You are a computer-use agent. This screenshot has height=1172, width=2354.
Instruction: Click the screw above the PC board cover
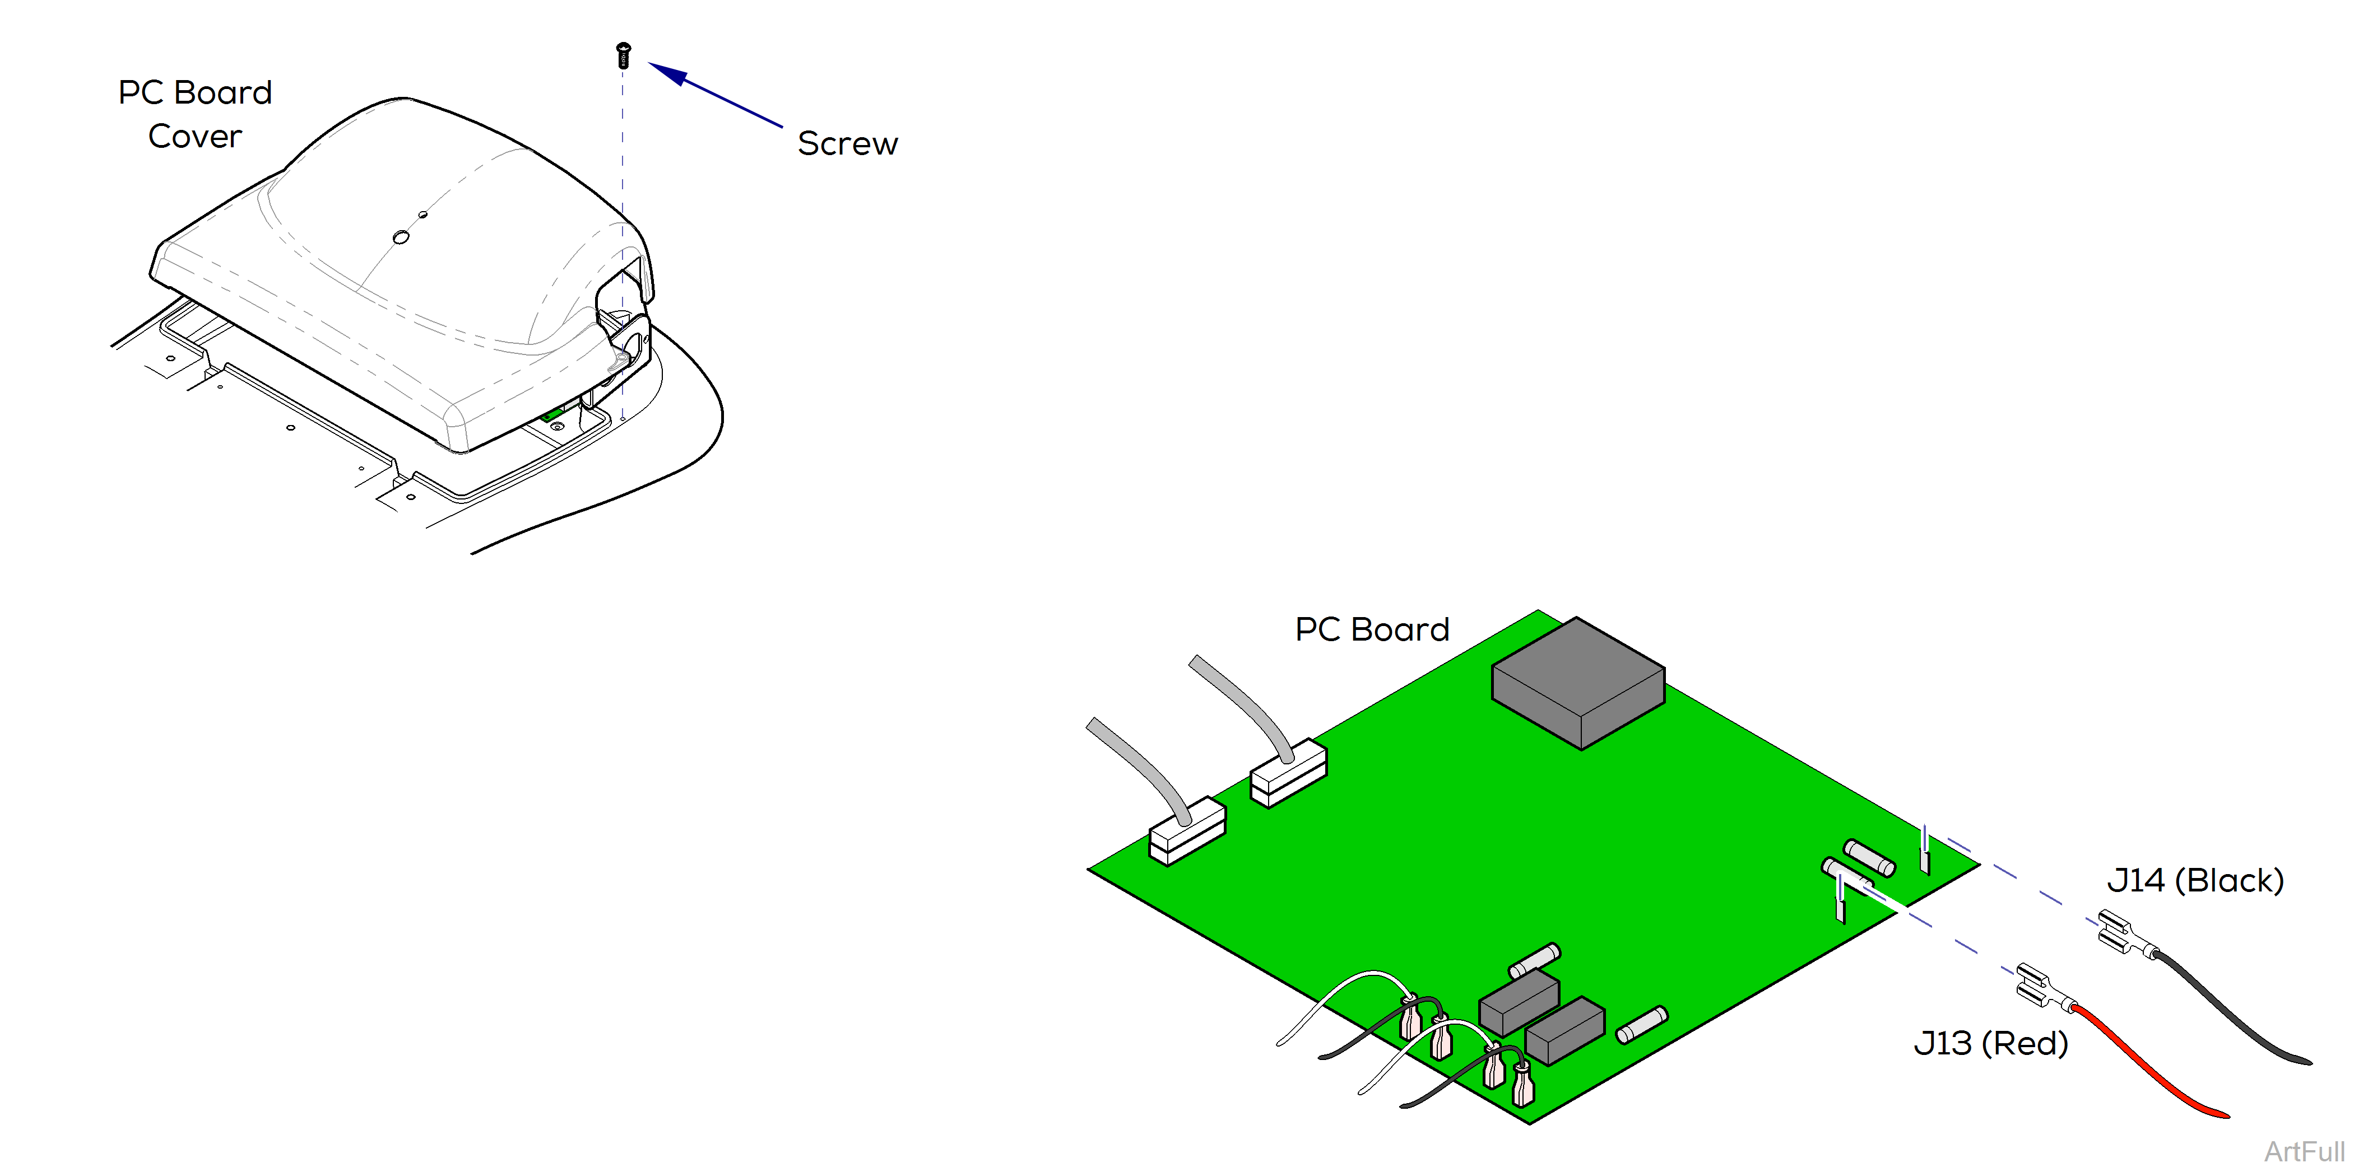point(623,55)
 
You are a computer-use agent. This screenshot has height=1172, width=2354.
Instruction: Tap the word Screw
point(847,143)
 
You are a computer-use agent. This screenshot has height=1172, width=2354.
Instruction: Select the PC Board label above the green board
point(1372,629)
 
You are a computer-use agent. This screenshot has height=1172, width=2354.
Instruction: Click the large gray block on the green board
point(1578,683)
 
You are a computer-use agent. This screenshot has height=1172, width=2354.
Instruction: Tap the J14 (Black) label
point(2195,881)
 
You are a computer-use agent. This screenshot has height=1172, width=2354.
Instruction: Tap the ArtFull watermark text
point(2303,1152)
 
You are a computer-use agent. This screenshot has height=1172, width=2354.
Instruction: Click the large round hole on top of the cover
point(400,237)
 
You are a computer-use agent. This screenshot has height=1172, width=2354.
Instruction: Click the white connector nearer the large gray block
point(1288,773)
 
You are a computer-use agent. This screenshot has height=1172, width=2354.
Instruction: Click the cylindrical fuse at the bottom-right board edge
point(1642,1025)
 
